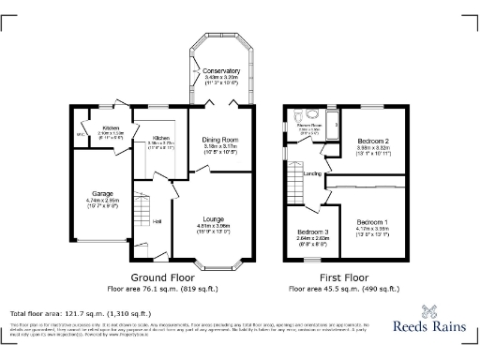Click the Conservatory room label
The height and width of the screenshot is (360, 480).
coord(221,71)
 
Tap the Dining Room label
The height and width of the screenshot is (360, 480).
coord(221,140)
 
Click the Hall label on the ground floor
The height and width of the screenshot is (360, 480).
coord(157,221)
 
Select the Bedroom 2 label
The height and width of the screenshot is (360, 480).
coord(373,140)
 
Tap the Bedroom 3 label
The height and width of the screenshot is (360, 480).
coord(311,231)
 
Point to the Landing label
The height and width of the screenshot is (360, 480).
coord(314,174)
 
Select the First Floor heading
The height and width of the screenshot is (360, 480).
coord(344,279)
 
